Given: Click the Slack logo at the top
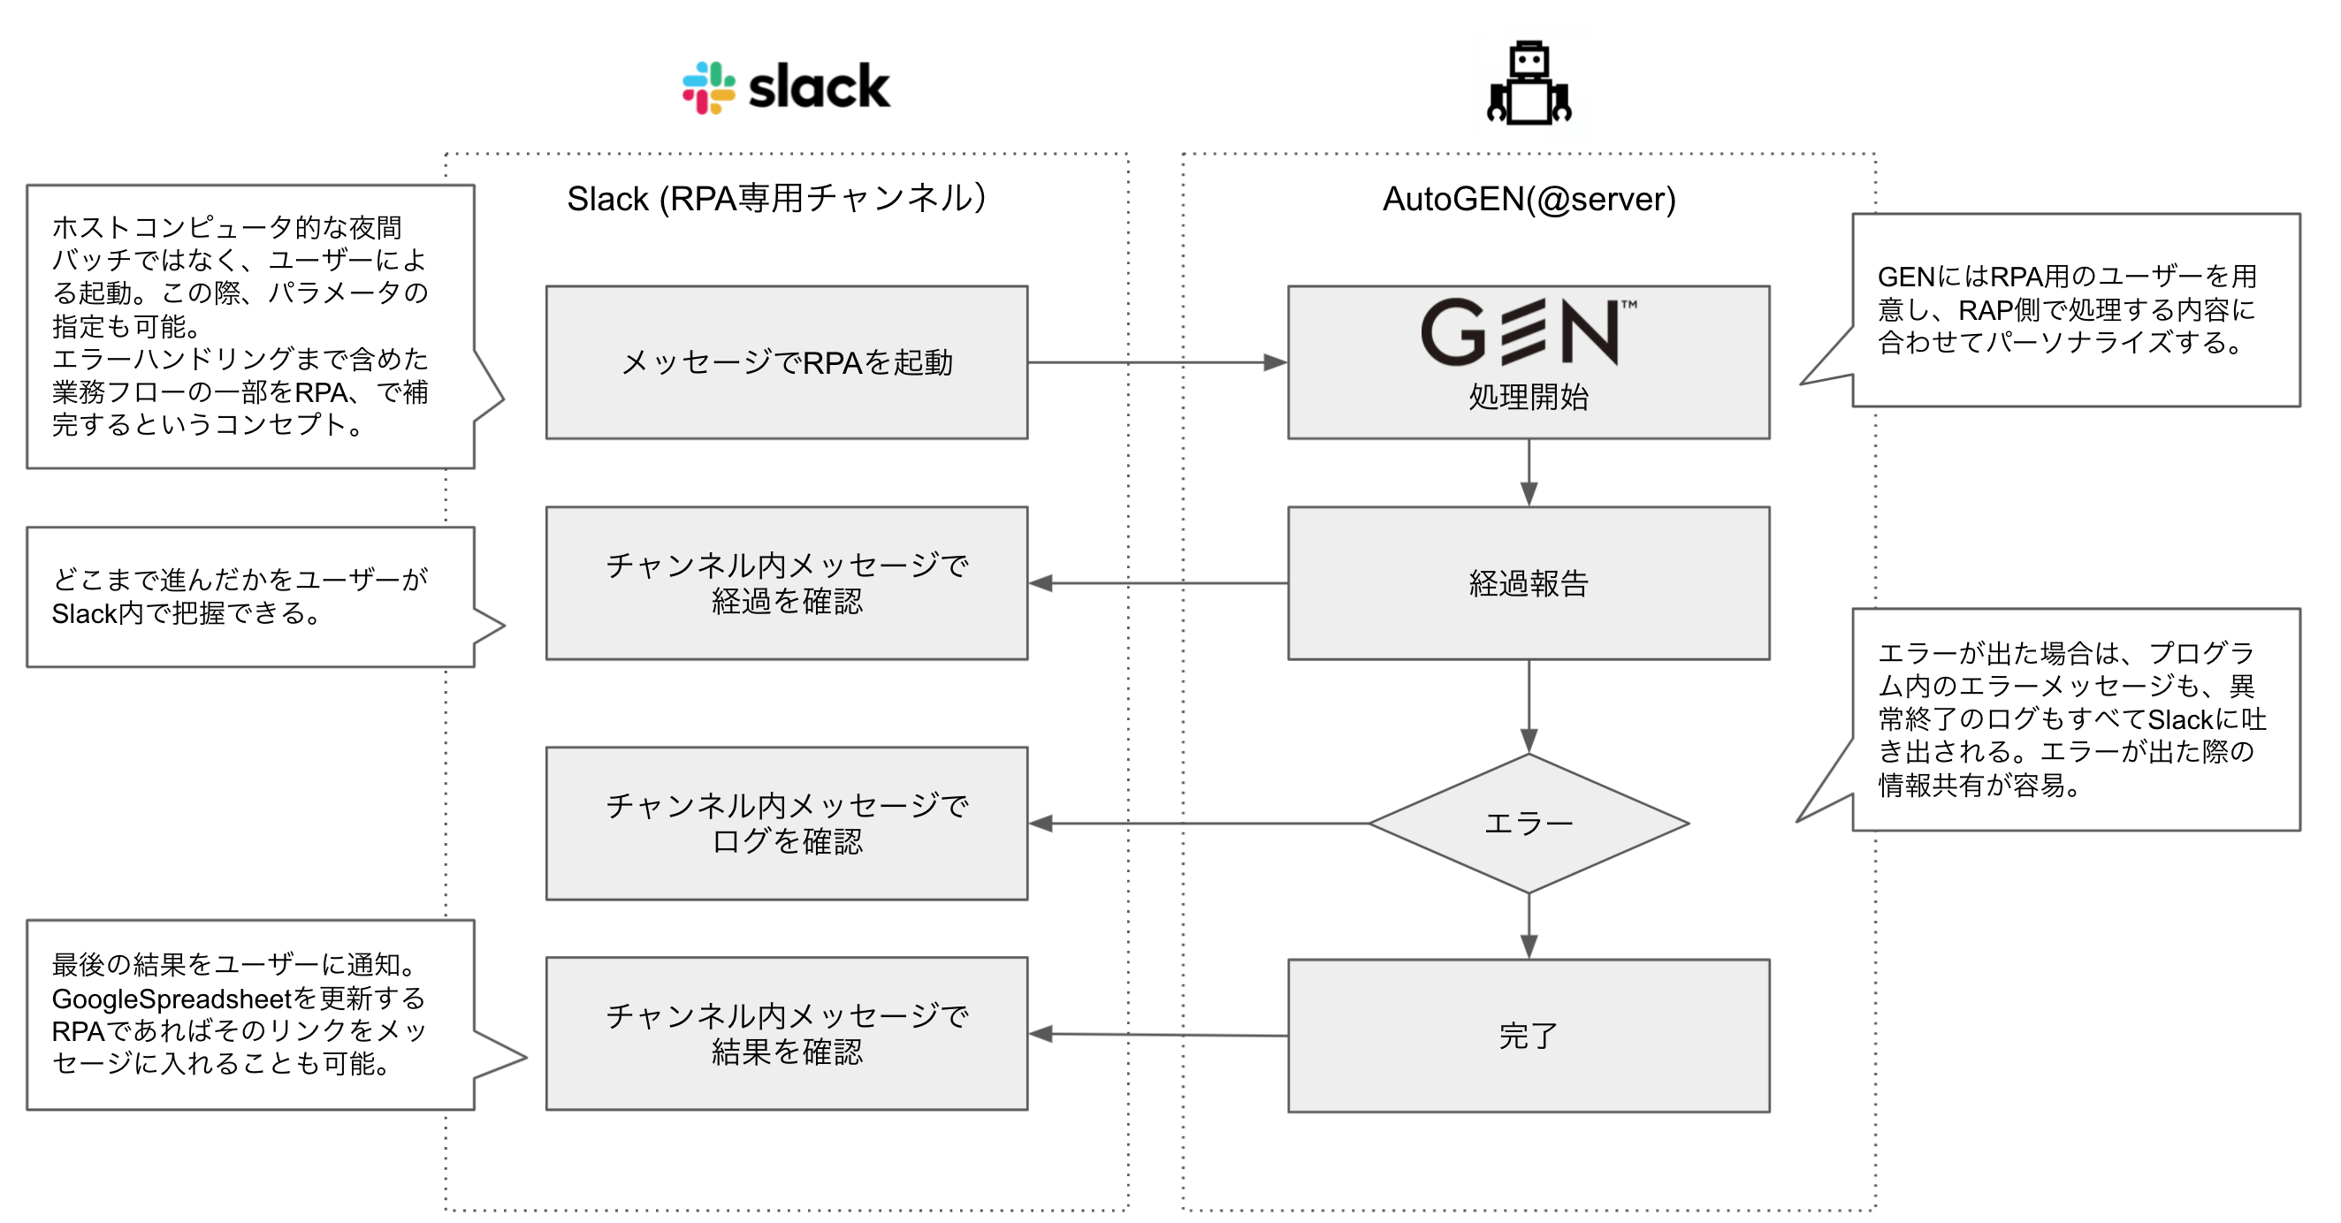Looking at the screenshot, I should click(786, 88).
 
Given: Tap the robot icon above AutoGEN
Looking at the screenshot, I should click(1529, 84).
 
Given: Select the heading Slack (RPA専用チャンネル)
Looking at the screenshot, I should click(776, 198).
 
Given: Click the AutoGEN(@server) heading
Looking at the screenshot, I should click(1529, 199).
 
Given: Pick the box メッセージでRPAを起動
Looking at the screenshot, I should click(786, 362).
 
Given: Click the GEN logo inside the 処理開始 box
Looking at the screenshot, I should click(1527, 331).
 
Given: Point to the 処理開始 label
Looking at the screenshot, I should click(1529, 397).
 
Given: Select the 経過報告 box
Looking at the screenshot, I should click(1529, 583).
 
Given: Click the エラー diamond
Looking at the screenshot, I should click(1529, 824).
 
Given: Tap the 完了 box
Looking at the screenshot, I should click(1529, 1036).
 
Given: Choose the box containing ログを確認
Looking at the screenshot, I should click(786, 824).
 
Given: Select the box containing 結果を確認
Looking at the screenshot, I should click(786, 1034).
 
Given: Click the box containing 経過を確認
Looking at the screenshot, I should click(786, 583).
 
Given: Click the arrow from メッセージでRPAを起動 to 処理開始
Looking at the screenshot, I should click(1154, 362).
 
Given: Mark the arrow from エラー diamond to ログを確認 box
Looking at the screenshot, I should click(1200, 824).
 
